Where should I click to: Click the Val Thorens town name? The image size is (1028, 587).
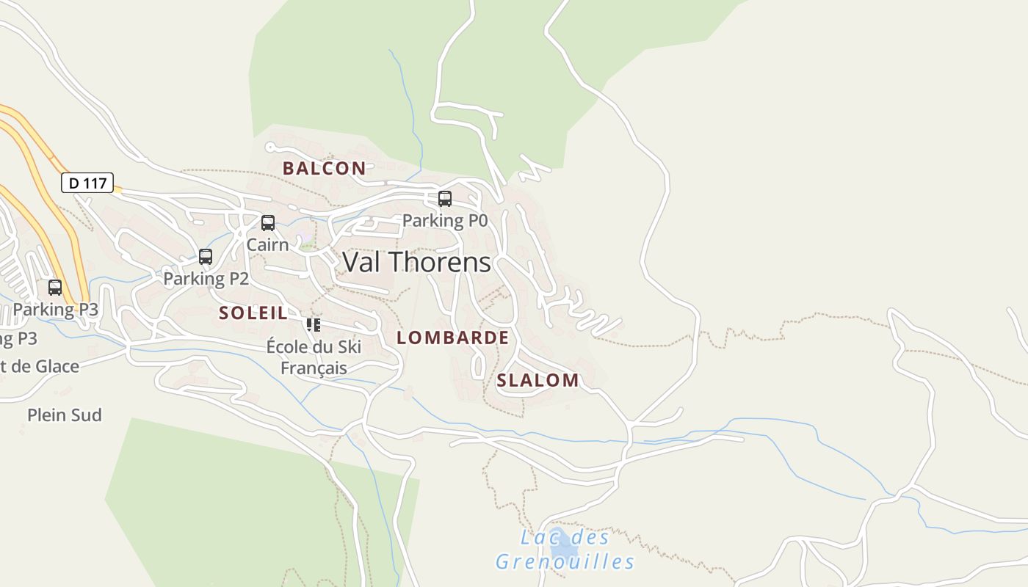click(x=416, y=262)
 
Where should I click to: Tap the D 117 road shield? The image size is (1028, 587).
click(x=87, y=183)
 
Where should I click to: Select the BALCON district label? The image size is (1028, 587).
click(x=324, y=168)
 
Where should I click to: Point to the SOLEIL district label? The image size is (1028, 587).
click(x=253, y=313)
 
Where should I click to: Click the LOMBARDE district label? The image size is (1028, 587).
click(x=452, y=338)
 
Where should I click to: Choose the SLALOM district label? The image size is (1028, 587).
click(x=537, y=380)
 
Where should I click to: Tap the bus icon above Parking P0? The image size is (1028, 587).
click(x=444, y=198)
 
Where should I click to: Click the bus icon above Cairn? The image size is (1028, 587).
click(x=268, y=222)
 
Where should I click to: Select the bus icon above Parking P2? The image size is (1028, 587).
click(x=206, y=257)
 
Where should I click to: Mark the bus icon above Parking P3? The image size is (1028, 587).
click(x=55, y=287)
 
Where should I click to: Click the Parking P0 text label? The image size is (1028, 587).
click(x=445, y=220)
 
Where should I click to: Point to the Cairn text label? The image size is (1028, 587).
click(x=267, y=244)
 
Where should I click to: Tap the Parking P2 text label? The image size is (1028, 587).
click(x=206, y=279)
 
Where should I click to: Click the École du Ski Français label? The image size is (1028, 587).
click(x=314, y=357)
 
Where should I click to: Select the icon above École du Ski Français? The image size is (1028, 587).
click(x=314, y=324)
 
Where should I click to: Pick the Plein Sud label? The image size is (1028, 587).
click(x=65, y=415)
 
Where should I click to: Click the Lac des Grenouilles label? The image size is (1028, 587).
click(x=564, y=550)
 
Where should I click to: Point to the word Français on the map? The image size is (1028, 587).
click(x=314, y=368)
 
